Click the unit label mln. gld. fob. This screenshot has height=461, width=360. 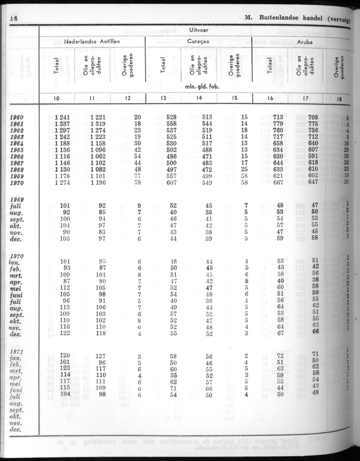tap(199, 86)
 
